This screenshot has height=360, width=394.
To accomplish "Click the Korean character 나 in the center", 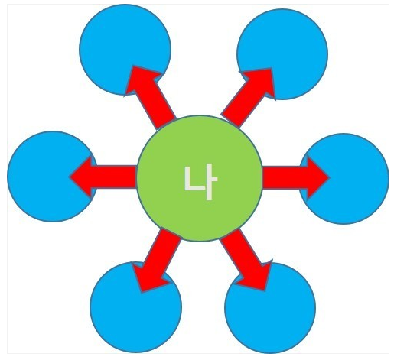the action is (200, 182).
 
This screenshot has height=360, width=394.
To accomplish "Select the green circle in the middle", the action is (200, 178).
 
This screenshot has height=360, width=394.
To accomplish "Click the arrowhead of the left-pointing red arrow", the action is (82, 177).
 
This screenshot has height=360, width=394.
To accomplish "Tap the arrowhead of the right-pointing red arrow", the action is (316, 177).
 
